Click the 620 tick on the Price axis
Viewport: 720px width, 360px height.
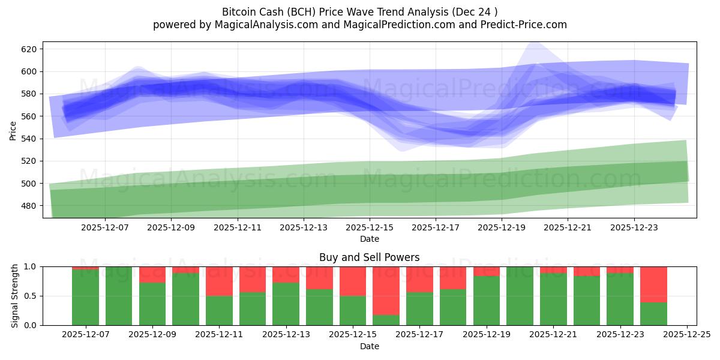pyautogui.click(x=29, y=49)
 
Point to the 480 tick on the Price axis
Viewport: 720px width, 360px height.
pyautogui.click(x=29, y=206)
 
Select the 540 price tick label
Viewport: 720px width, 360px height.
pyautogui.click(x=29, y=139)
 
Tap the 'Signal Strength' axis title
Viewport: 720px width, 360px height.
pyautogui.click(x=15, y=296)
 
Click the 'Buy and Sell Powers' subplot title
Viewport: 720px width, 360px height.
pyautogui.click(x=369, y=257)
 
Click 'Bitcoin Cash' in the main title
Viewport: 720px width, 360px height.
pyautogui.click(x=251, y=12)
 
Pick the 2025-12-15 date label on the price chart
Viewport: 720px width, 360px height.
pyautogui.click(x=370, y=227)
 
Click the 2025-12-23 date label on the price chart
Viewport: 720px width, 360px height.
pyautogui.click(x=635, y=227)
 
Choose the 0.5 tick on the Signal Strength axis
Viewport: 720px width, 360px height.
pyautogui.click(x=30, y=296)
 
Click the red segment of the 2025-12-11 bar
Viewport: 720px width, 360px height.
pyautogui.click(x=219, y=281)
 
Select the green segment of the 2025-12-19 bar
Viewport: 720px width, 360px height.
pyautogui.click(x=486, y=300)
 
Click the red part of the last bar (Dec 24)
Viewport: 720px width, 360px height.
pyautogui.click(x=653, y=284)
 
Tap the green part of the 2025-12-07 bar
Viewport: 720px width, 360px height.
pyautogui.click(x=85, y=297)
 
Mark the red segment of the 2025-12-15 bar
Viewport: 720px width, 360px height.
pyautogui.click(x=353, y=281)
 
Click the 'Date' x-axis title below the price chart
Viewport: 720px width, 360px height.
pyautogui.click(x=369, y=239)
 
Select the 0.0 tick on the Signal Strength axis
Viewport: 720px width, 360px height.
pyautogui.click(x=30, y=325)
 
